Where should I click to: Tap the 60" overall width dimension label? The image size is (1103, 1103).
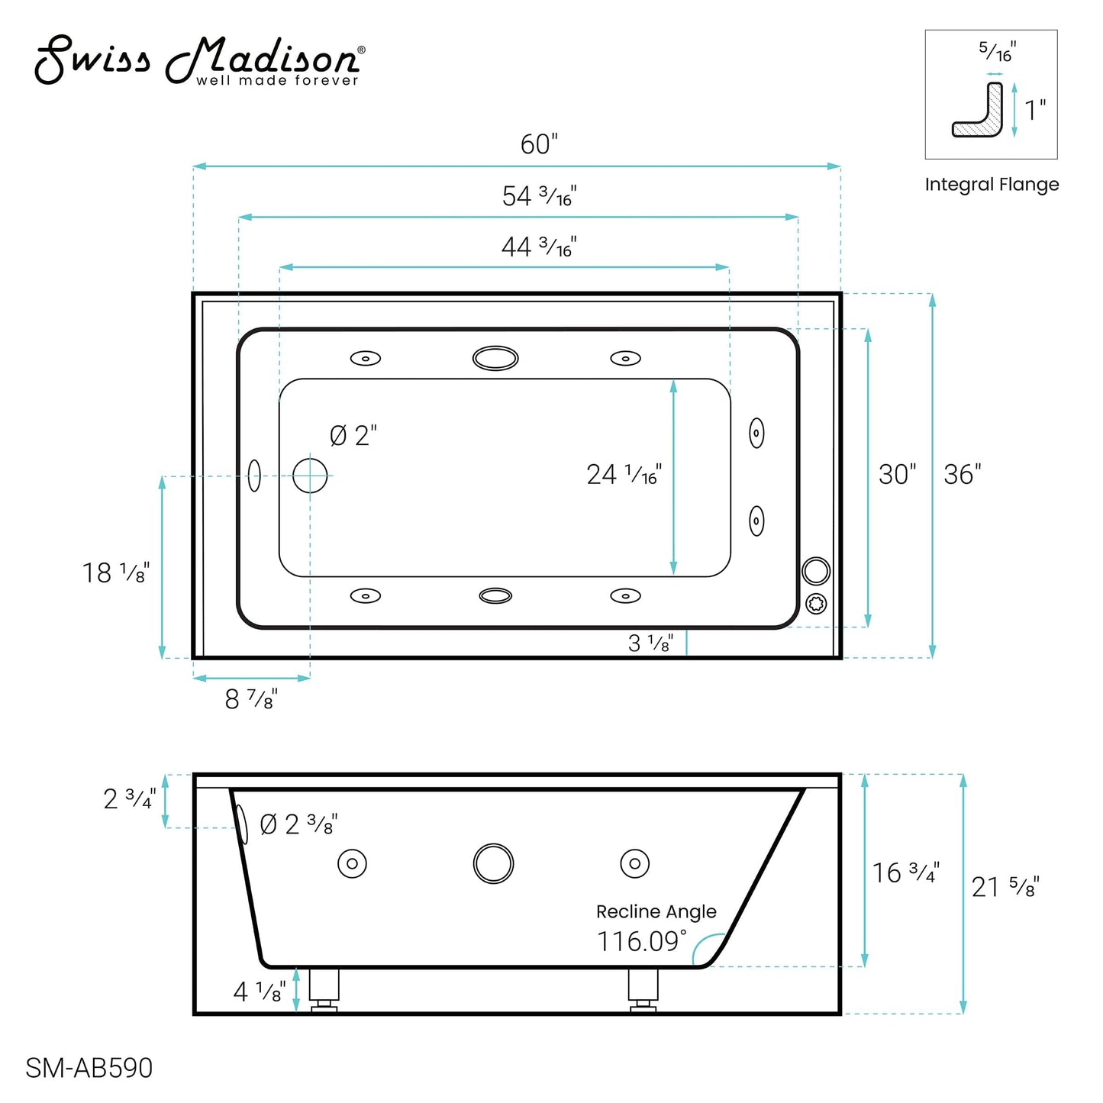(539, 144)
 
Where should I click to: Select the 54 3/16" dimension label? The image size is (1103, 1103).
(539, 196)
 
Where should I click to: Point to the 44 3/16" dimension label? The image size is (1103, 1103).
(539, 247)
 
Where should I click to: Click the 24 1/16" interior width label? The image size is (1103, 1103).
(624, 475)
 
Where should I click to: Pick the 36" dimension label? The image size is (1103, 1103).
(962, 475)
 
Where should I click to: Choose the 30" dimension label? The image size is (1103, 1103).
(897, 475)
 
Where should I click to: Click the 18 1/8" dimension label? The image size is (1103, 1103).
(116, 572)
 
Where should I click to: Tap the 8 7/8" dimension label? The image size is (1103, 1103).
(251, 698)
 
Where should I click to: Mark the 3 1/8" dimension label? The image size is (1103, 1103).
(650, 643)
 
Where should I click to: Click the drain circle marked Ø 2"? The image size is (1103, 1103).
(310, 476)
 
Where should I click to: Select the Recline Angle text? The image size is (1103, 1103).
(656, 911)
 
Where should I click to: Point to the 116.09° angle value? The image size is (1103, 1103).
(641, 941)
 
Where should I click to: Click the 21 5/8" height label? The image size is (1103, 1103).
(1005, 887)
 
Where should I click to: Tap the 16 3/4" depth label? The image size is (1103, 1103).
(905, 872)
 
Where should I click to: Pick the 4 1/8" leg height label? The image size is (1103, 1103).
(260, 992)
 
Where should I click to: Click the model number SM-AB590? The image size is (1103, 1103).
(89, 1068)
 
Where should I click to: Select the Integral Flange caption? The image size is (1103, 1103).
(992, 185)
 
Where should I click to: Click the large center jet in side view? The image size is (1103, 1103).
(494, 864)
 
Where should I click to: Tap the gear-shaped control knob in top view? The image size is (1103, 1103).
(816, 604)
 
